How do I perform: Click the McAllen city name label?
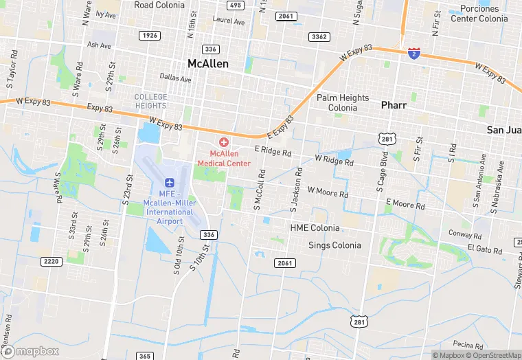click(x=208, y=63)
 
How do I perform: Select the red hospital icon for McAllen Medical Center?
click(x=224, y=142)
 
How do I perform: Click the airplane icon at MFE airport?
click(x=170, y=182)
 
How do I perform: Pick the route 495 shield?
click(x=236, y=5)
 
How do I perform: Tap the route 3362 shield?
click(x=319, y=36)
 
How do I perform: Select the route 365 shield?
click(x=145, y=356)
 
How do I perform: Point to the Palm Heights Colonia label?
click(x=343, y=103)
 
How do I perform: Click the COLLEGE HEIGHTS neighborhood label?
click(x=150, y=101)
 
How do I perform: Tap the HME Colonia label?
click(x=315, y=227)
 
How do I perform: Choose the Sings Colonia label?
click(x=334, y=245)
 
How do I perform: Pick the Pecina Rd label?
click(x=468, y=344)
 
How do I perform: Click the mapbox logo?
click(x=30, y=351)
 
